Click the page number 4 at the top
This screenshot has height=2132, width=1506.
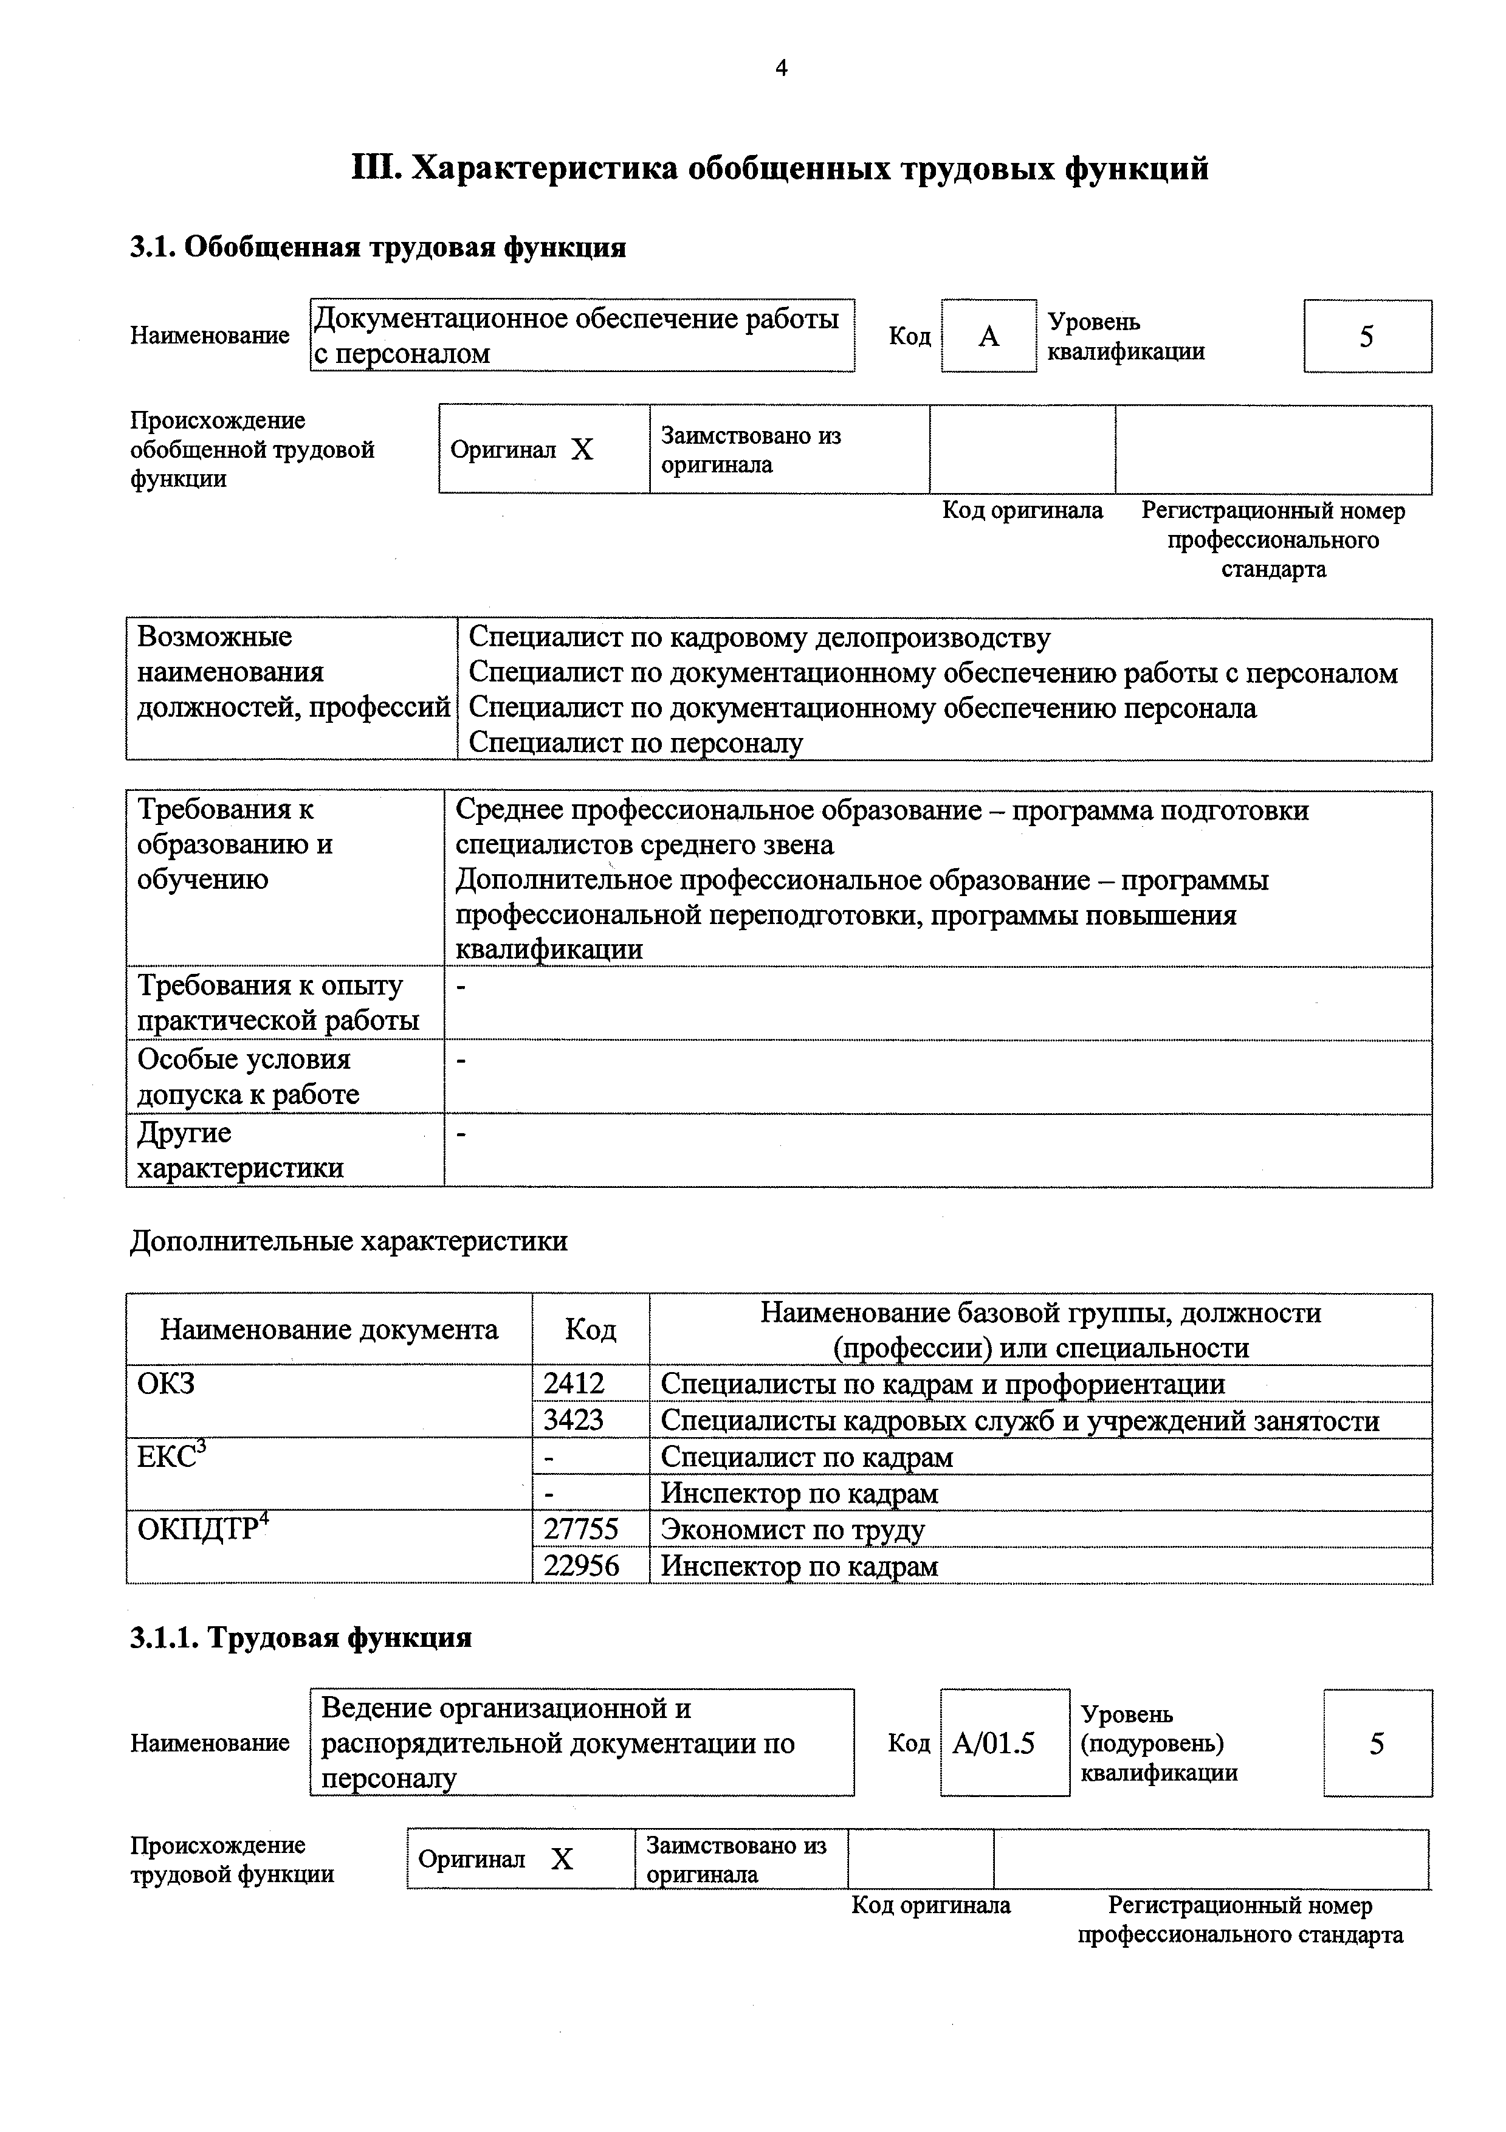pyautogui.click(x=781, y=69)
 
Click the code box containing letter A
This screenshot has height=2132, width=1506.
pyautogui.click(x=989, y=336)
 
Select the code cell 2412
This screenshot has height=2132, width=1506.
pyautogui.click(x=575, y=1384)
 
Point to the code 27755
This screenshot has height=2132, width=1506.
pyautogui.click(x=581, y=1530)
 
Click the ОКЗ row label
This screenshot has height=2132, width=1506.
pyautogui.click(x=167, y=1384)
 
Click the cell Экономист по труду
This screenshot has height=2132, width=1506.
pyautogui.click(x=793, y=1530)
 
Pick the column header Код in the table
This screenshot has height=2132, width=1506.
pyautogui.click(x=591, y=1330)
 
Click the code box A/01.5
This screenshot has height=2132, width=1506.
pyautogui.click(x=994, y=1744)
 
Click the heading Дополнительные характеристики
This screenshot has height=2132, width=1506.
pyautogui.click(x=348, y=1241)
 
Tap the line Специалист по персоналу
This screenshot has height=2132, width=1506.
pyautogui.click(x=636, y=743)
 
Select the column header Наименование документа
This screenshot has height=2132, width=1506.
pyautogui.click(x=329, y=1330)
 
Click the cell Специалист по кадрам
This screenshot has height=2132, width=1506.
pyautogui.click(x=807, y=1457)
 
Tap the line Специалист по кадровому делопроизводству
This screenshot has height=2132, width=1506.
pyautogui.click(x=760, y=638)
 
